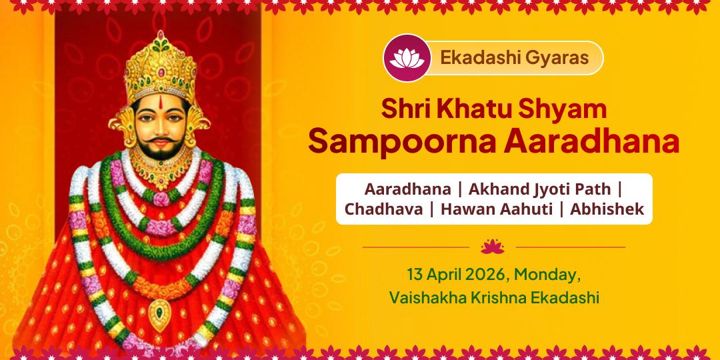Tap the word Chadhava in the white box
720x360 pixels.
[x=383, y=209]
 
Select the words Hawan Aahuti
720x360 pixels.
[x=495, y=209]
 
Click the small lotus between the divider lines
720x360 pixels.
[x=493, y=247]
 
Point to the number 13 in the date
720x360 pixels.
[x=415, y=275]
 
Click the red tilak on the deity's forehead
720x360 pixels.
[x=160, y=103]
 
